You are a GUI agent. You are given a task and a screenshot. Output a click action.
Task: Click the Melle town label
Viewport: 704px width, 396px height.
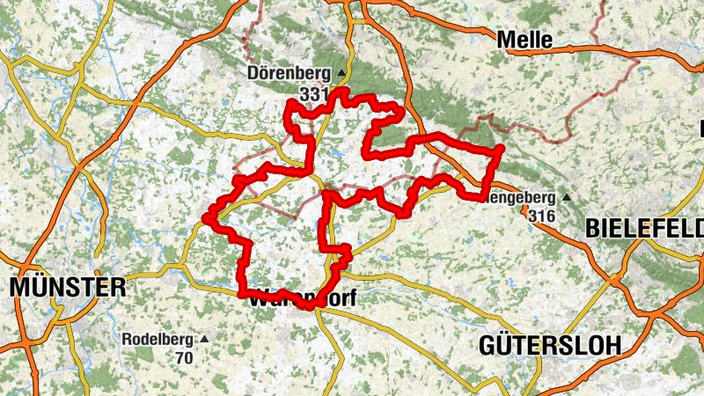click(524, 40)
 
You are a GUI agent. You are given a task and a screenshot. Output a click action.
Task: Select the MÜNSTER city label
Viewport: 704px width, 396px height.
click(68, 288)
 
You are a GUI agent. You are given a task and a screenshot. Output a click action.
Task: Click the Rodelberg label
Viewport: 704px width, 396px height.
click(157, 339)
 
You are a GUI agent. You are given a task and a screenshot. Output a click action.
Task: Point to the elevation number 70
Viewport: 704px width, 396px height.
click(183, 357)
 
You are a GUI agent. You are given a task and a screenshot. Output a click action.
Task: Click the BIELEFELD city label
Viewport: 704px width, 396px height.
click(644, 229)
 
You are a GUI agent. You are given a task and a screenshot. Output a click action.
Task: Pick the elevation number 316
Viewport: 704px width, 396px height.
click(542, 216)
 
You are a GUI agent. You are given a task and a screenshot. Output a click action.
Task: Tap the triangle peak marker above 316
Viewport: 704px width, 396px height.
click(567, 198)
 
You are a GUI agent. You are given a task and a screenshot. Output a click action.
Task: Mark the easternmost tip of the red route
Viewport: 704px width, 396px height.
click(501, 149)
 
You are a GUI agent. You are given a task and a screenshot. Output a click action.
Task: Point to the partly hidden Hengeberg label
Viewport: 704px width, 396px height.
click(521, 198)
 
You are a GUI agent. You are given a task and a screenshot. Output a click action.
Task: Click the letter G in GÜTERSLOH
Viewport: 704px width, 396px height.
click(488, 345)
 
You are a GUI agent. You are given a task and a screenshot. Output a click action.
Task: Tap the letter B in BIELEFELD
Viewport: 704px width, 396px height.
click(591, 229)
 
